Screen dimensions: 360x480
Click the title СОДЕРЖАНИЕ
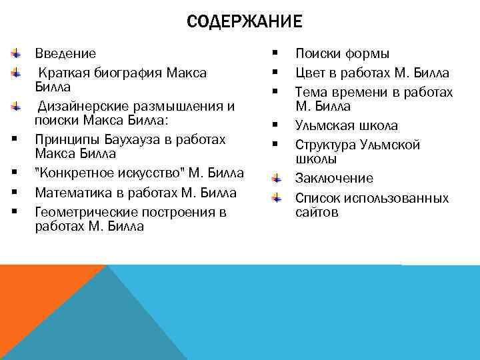point(244,22)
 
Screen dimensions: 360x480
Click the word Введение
point(65,53)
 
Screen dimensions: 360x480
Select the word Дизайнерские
point(81,106)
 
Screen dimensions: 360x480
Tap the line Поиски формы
point(342,53)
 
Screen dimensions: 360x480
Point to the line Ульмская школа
point(346,125)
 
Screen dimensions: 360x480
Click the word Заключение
point(334,178)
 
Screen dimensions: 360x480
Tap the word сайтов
point(317,212)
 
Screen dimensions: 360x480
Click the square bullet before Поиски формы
point(275,53)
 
